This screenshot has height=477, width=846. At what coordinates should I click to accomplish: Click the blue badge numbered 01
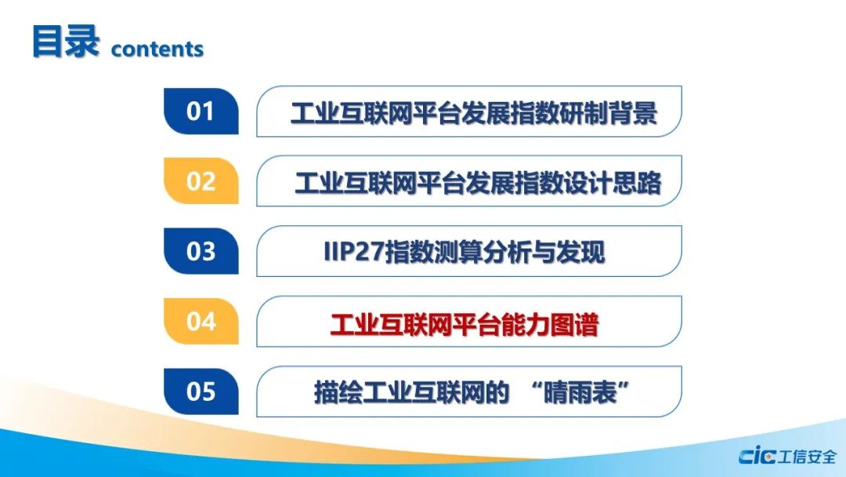point(201,111)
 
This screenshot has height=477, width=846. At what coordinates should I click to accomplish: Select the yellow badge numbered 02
point(201,181)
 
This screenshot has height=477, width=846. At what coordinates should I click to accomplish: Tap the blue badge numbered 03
point(201,251)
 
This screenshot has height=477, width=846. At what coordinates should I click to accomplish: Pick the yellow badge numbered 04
point(201,322)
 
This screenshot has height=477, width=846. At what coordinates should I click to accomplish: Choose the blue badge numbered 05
point(201,391)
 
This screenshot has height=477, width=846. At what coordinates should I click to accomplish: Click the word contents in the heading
point(157,49)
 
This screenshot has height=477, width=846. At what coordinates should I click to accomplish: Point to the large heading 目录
point(66,41)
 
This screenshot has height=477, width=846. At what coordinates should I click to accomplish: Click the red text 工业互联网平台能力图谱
point(465,325)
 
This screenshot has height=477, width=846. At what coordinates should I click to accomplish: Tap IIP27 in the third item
point(354,252)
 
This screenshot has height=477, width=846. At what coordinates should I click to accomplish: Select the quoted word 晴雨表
point(580,392)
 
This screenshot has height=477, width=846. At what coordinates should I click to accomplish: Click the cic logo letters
point(757,457)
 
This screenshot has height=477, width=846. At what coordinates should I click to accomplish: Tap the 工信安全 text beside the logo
point(807,457)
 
